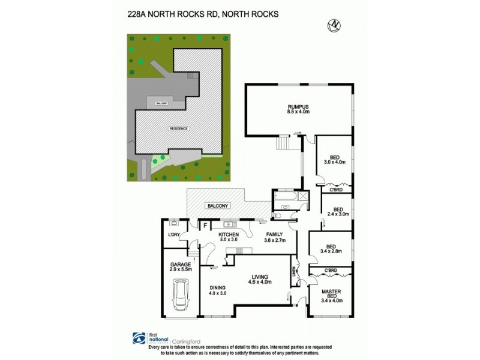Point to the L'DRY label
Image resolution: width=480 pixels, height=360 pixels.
175,235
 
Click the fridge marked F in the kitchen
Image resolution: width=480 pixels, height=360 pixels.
205,226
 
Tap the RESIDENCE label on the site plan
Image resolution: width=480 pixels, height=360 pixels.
179,128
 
